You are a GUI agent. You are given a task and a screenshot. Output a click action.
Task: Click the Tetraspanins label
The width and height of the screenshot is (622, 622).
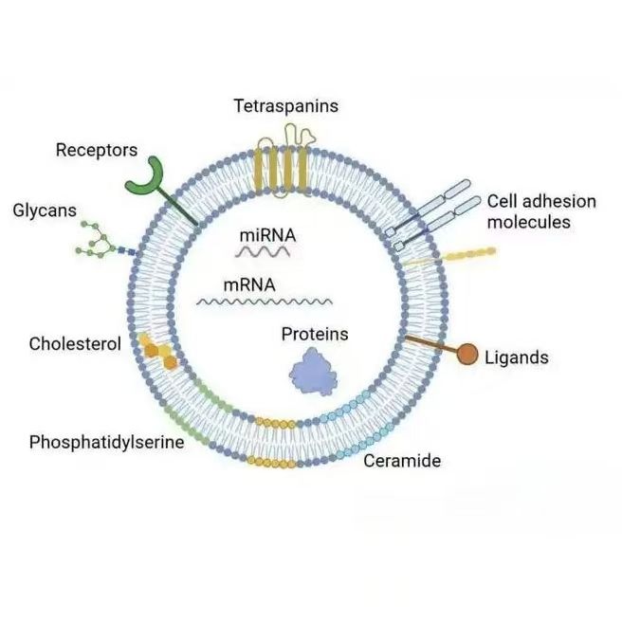(285, 106)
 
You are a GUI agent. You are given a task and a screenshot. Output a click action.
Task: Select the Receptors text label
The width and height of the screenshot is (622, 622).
(97, 150)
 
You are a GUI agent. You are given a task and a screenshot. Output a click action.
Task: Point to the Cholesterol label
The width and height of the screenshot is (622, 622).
(75, 344)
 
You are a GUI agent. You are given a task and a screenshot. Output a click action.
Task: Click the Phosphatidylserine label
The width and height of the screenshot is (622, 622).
(107, 442)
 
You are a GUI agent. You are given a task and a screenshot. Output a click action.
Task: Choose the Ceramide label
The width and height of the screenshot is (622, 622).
(402, 462)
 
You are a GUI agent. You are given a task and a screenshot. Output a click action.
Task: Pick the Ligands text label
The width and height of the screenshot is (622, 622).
(516, 357)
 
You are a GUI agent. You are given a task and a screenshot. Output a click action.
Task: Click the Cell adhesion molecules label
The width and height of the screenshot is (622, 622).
(541, 211)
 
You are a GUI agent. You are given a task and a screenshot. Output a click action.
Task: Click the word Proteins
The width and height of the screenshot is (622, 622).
(315, 334)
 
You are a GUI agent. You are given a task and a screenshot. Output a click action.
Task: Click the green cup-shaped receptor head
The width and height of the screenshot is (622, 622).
(145, 176)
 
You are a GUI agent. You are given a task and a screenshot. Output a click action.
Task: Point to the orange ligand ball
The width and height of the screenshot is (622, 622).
(468, 354)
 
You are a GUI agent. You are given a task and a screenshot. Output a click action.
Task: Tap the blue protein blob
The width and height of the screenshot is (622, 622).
(315, 371)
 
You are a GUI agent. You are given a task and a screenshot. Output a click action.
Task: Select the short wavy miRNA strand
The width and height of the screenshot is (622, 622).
(264, 252)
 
